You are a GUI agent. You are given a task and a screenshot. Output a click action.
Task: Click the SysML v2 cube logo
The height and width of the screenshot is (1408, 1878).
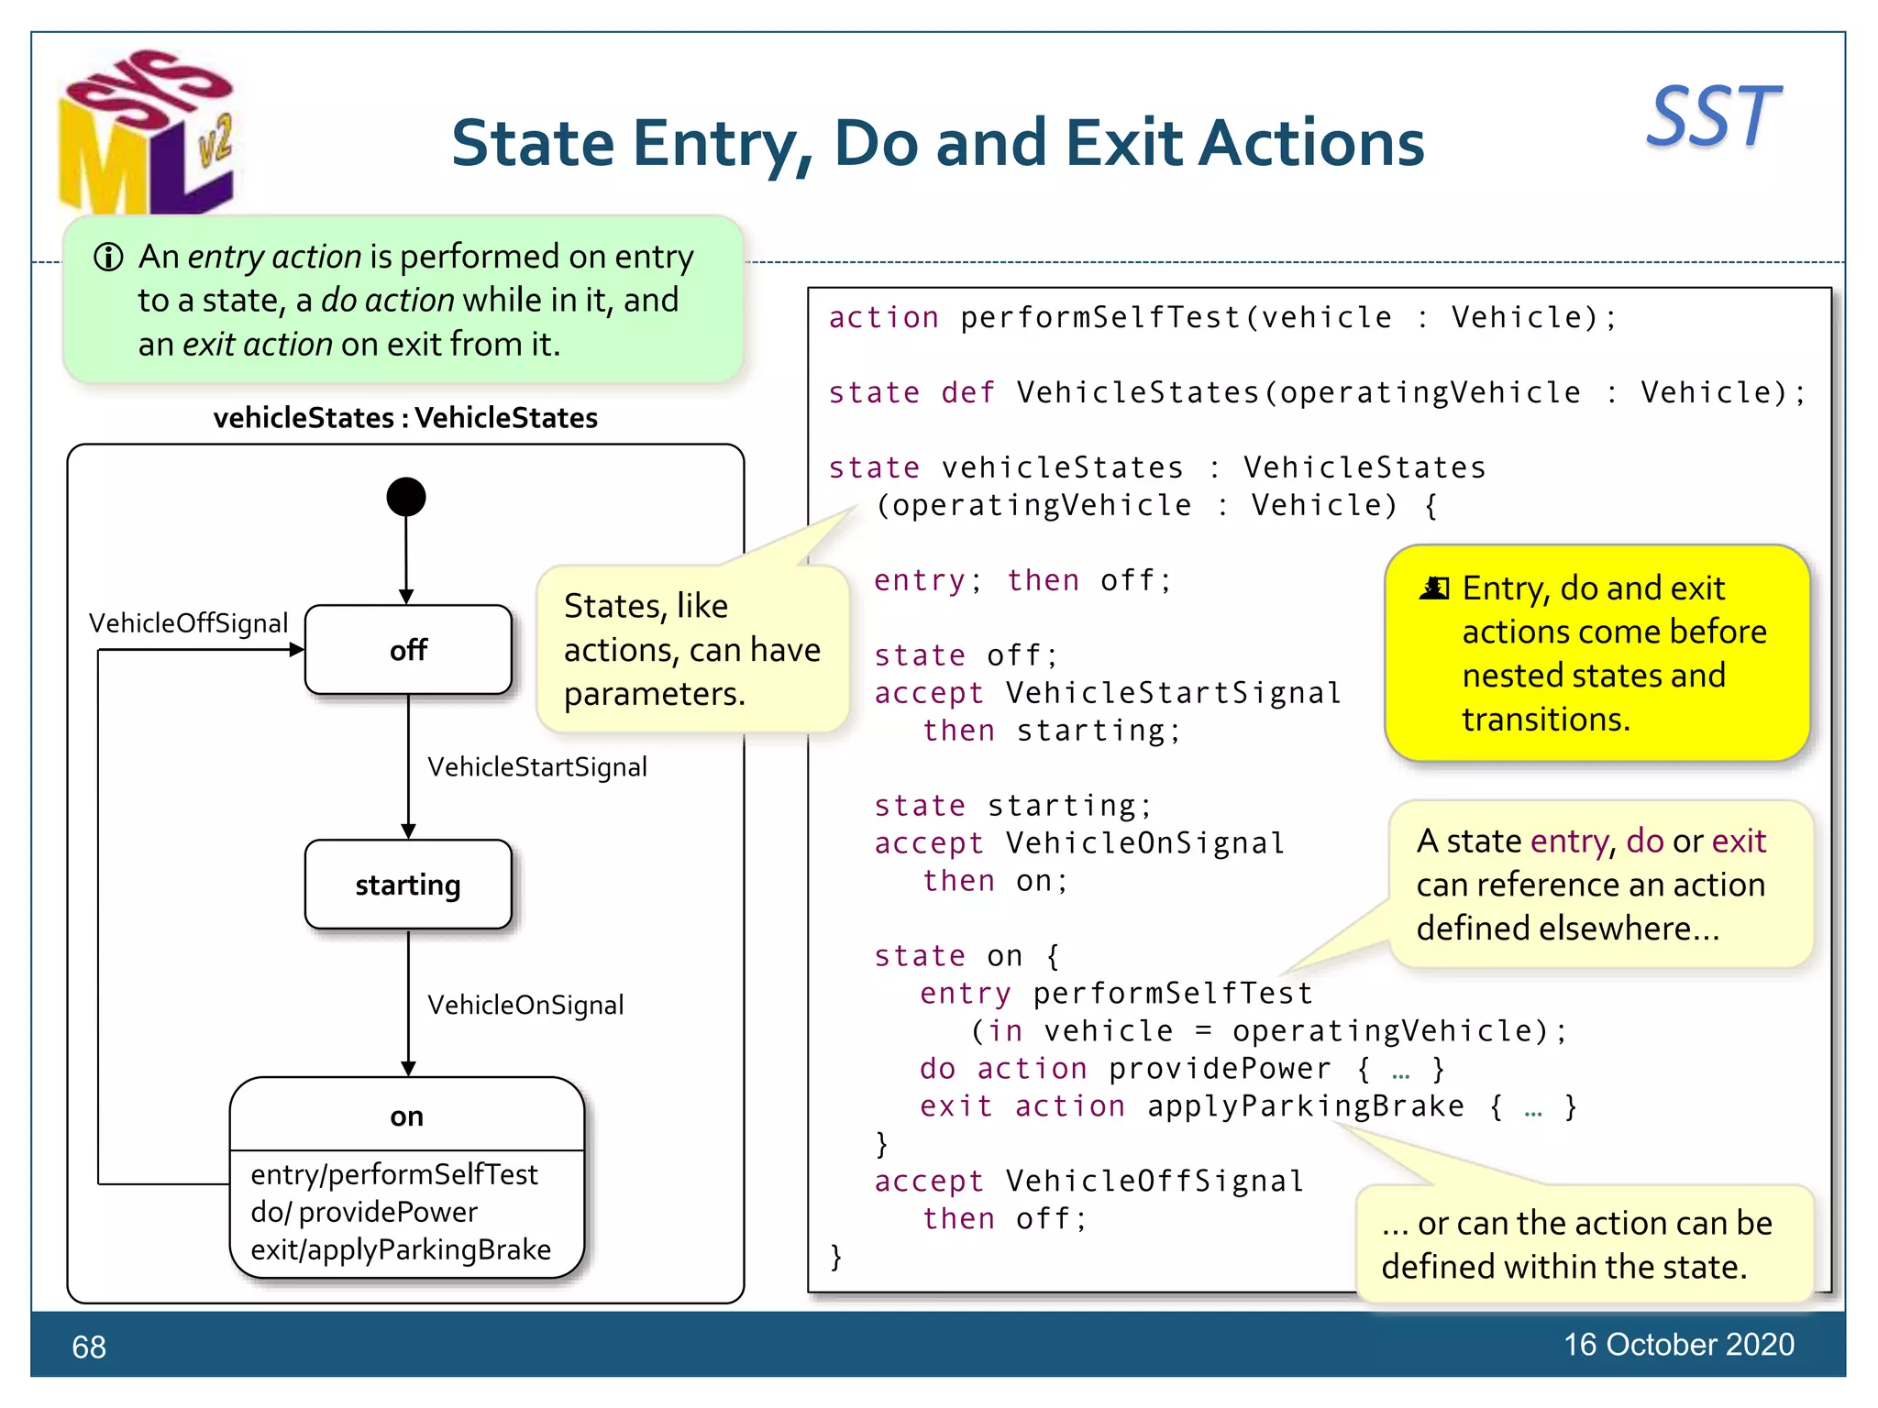coord(147,133)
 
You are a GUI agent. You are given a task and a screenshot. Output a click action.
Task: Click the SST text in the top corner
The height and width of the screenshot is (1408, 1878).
coord(1713,116)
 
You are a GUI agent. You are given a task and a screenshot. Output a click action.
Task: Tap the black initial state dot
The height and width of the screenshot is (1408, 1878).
coord(406,497)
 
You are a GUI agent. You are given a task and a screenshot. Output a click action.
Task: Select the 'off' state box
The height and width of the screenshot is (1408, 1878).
coord(408,650)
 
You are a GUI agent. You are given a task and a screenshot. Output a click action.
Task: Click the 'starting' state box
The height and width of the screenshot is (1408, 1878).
coord(408,885)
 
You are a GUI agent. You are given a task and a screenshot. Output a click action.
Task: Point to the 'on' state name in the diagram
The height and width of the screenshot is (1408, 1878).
coord(406,1116)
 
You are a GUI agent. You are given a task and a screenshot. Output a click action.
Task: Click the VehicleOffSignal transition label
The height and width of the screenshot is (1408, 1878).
coord(188,623)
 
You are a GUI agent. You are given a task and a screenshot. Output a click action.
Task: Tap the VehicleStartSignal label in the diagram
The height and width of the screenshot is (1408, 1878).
coord(537,766)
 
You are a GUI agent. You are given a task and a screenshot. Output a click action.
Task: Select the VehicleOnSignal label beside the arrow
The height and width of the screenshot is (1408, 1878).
coord(525,1005)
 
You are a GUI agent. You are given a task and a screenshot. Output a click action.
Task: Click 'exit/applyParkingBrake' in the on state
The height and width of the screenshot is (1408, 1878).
coord(401,1249)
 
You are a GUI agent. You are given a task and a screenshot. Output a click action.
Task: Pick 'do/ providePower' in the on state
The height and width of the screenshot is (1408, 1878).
coord(364,1212)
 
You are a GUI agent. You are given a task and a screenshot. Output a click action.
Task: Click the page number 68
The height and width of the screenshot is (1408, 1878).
coord(89,1347)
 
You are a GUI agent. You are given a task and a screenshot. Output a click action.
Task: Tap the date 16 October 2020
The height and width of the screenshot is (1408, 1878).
coord(1678,1344)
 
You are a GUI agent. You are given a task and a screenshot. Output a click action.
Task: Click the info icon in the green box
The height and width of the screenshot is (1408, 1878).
coord(108,258)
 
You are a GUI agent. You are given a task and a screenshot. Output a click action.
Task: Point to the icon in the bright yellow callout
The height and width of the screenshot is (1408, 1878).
coord(1434,588)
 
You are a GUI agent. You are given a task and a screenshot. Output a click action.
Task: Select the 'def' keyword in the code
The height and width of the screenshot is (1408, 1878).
coord(967,392)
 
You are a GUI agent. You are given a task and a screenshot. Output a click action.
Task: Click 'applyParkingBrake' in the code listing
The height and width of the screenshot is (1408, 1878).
coord(1305,1105)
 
